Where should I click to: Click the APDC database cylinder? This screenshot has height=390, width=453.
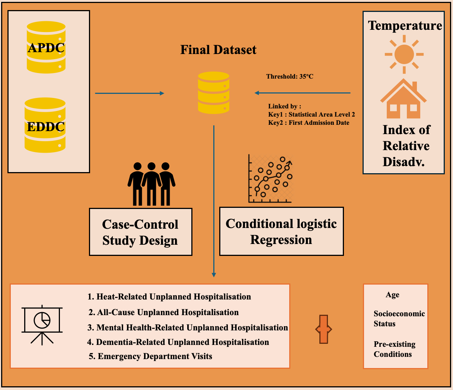(x=46, y=47)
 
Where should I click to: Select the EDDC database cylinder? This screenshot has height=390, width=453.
(x=45, y=126)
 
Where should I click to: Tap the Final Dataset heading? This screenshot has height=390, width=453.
(x=218, y=50)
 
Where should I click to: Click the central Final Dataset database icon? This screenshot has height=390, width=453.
(x=214, y=93)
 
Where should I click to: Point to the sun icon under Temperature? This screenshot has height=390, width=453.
(x=404, y=54)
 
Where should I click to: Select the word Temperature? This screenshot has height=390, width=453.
(x=405, y=25)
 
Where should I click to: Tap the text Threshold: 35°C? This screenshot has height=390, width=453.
(x=290, y=76)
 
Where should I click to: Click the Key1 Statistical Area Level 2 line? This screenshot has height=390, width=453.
(x=312, y=114)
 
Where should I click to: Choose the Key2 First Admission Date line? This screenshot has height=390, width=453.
(x=309, y=123)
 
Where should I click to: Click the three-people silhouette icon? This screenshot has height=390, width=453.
(x=151, y=184)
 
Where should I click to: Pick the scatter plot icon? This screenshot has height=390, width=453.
(x=271, y=179)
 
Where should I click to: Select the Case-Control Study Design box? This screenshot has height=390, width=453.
(x=140, y=232)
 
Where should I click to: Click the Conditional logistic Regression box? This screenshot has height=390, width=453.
(x=281, y=231)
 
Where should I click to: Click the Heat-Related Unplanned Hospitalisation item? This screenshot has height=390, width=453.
(x=169, y=297)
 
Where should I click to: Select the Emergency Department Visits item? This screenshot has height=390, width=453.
(x=150, y=356)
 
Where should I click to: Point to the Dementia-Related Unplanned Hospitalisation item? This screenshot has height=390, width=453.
(x=178, y=342)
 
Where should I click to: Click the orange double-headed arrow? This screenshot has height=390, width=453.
(x=323, y=329)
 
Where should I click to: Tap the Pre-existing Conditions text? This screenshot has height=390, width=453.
(x=394, y=349)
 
